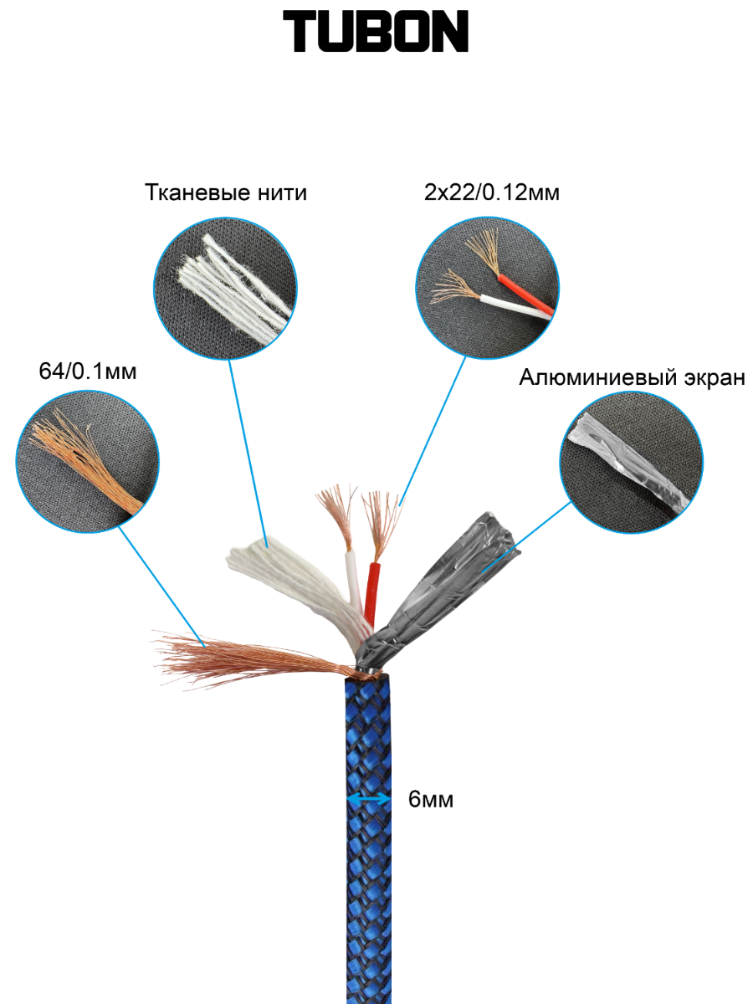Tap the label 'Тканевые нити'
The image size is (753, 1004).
click(x=226, y=193)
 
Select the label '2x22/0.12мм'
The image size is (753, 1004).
click(x=492, y=193)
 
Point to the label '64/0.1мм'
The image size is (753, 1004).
click(x=87, y=371)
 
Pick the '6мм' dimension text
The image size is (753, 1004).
click(x=431, y=800)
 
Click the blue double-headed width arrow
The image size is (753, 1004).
click(x=368, y=801)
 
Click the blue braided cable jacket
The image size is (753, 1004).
click(x=368, y=878)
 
